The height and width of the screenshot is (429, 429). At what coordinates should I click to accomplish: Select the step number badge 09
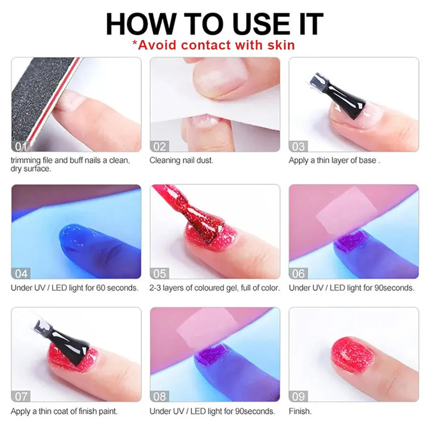[299, 396]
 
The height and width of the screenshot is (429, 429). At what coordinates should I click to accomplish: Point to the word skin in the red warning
[279, 45]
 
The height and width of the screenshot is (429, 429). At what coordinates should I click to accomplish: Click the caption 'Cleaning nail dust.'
[182, 160]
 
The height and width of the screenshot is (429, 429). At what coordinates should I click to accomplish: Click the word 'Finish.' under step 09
[300, 411]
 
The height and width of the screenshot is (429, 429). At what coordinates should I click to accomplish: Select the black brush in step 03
[341, 95]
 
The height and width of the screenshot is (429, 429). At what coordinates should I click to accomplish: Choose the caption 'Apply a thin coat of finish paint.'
[64, 411]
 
